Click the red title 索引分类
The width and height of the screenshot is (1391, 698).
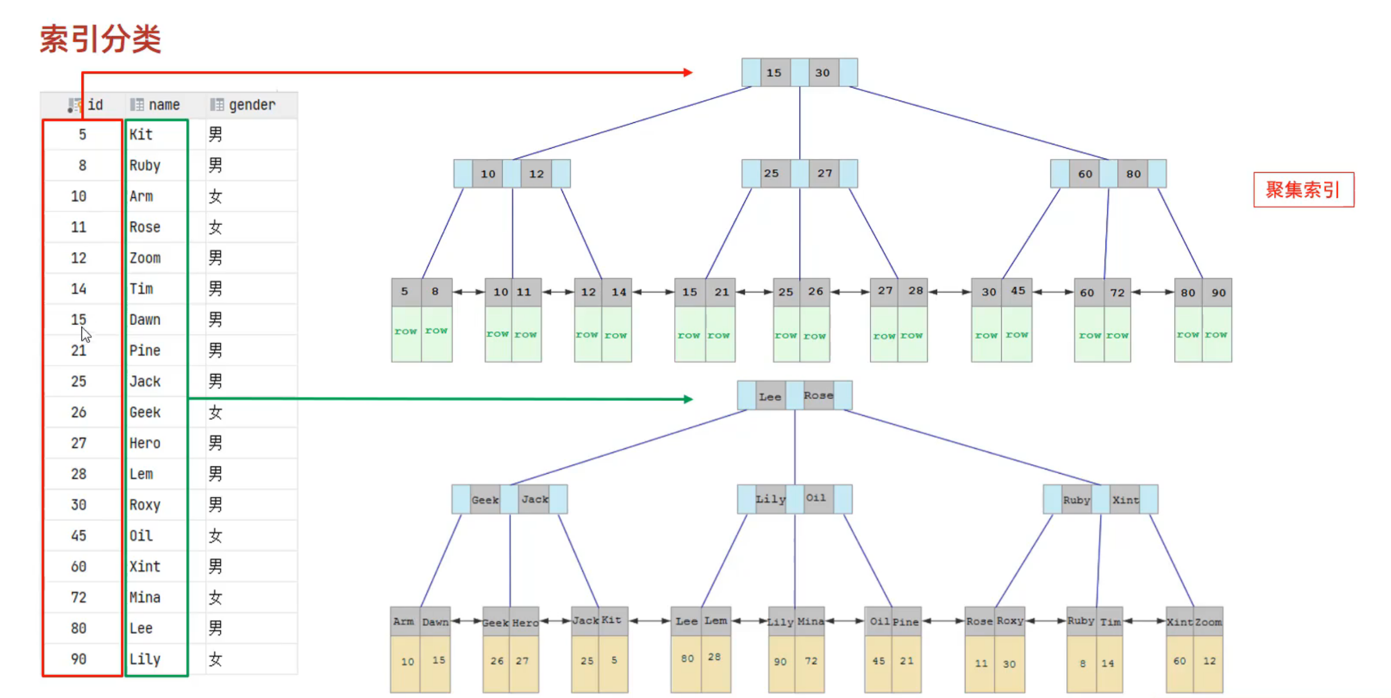point(101,39)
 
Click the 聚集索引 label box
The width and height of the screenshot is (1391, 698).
point(1303,189)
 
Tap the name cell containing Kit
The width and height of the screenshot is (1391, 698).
point(141,134)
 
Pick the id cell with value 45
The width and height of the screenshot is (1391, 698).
point(79,536)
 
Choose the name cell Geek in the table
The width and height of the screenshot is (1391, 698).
point(145,412)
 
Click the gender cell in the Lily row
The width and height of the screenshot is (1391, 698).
point(215,659)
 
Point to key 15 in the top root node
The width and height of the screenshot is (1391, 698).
point(774,73)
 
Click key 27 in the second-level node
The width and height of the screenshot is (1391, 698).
point(825,173)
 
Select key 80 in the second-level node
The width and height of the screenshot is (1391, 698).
point(1133,174)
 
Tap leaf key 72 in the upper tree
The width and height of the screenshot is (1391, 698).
point(1117,293)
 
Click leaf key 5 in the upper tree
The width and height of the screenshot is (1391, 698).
point(404,292)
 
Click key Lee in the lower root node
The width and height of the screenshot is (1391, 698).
point(770,397)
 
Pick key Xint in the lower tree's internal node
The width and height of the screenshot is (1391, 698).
point(1125,500)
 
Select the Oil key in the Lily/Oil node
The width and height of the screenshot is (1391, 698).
point(816,498)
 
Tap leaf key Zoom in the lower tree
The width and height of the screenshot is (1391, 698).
point(1208,622)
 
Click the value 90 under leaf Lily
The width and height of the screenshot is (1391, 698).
point(780,661)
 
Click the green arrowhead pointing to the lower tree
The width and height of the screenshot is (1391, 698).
point(688,399)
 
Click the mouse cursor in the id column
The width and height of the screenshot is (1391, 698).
point(85,334)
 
